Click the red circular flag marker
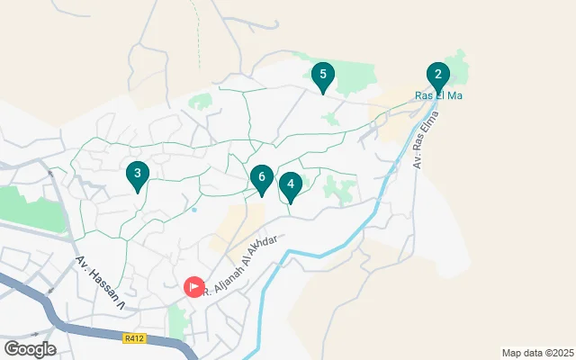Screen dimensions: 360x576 click(194, 287)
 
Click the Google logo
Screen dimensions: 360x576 click(30, 349)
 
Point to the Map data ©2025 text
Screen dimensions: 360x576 click(536, 353)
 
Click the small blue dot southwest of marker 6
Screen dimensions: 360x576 click(193, 210)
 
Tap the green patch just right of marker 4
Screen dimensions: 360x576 click(340, 190)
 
